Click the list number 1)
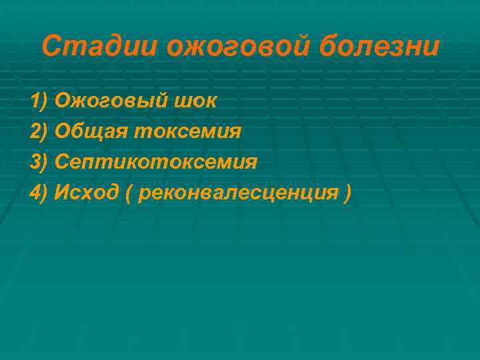(39, 101)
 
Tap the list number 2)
(39, 131)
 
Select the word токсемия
(187, 131)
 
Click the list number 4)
(39, 193)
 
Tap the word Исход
(87, 193)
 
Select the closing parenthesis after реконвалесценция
(347, 193)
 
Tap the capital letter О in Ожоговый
(62, 101)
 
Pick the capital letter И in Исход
(63, 193)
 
